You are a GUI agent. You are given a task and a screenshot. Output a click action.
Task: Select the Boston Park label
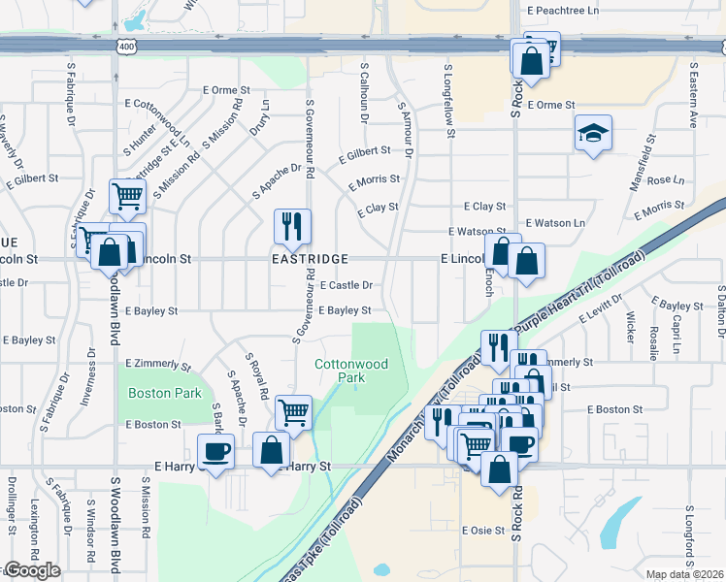tap(165, 393)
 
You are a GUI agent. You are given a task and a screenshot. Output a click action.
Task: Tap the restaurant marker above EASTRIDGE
tap(292, 227)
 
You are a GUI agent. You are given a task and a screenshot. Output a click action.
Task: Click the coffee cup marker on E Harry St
tap(215, 452)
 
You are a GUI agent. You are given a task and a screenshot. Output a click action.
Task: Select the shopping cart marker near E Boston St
tap(293, 412)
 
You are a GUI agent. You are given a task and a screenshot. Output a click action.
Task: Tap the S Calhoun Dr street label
tap(365, 93)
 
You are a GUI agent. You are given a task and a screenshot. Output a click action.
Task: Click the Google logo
tap(32, 570)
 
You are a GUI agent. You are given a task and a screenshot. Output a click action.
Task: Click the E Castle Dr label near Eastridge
tap(346, 285)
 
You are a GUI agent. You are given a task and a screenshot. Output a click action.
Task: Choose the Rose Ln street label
tap(665, 180)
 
